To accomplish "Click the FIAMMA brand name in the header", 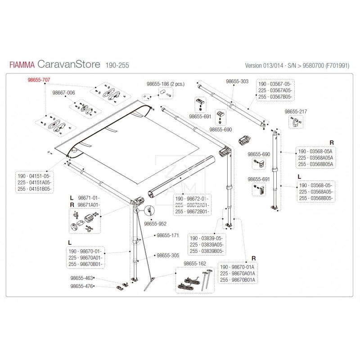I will pos(23,65).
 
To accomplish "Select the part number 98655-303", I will pos(237,81).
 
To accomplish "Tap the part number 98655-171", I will pos(168,235).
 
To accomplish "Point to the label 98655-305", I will pos(168,255).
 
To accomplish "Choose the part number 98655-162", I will pos(195,264).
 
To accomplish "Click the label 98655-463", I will pos(82,279).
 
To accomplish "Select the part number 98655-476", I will pos(82,286).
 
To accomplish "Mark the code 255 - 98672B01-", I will pos(192,211).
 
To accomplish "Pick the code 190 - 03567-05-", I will pos(274,84).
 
